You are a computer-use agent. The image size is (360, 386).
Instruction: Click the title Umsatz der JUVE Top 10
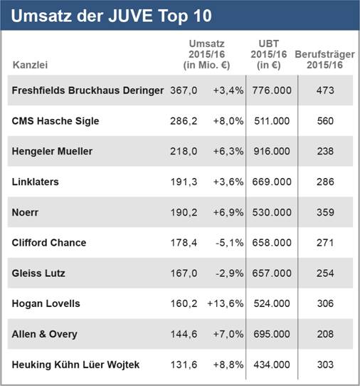click(112, 15)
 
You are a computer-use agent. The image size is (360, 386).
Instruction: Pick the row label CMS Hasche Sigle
click(55, 121)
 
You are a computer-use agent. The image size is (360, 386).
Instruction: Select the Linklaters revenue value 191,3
click(184, 182)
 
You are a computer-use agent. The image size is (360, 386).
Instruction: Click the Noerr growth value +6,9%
click(228, 212)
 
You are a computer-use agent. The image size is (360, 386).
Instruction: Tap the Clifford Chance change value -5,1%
click(228, 243)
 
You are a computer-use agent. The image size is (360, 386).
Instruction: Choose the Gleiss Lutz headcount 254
click(325, 273)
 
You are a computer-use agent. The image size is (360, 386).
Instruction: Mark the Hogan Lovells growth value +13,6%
click(226, 303)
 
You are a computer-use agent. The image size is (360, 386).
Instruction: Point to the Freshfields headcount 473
click(325, 90)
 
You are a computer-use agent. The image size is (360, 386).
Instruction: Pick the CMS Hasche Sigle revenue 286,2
click(184, 121)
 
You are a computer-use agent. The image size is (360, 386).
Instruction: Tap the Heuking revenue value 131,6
click(184, 365)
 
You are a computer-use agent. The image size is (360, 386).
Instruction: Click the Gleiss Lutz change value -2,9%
click(228, 273)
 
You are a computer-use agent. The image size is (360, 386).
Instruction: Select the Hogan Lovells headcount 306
click(325, 303)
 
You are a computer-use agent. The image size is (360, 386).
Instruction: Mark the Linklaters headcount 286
click(325, 182)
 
